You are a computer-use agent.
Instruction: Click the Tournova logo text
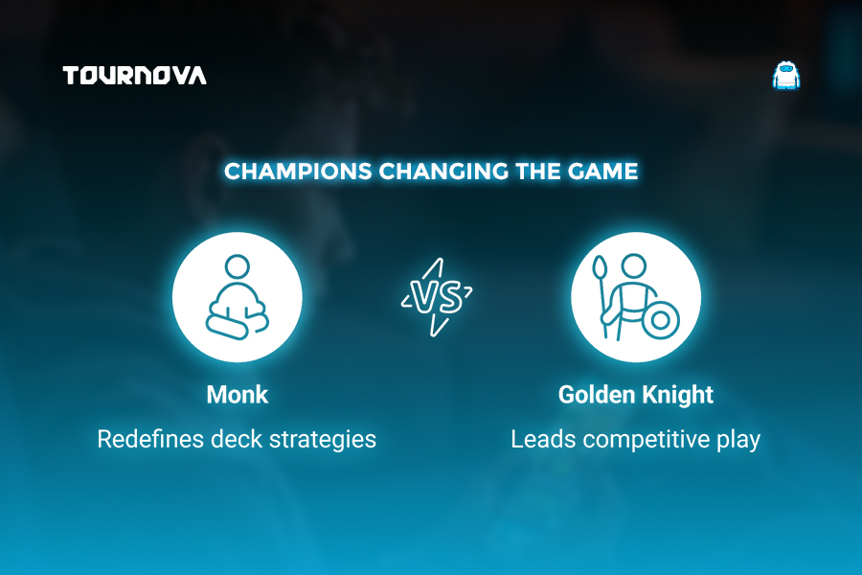[135, 76]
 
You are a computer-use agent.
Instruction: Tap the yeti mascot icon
[786, 76]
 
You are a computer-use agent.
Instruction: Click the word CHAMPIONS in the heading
[298, 172]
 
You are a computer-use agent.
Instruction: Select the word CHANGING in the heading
[444, 172]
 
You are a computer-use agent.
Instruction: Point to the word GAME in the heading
[602, 172]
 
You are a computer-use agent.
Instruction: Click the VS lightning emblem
[437, 297]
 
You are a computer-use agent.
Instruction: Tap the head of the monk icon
[238, 266]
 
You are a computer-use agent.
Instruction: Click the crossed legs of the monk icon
[237, 325]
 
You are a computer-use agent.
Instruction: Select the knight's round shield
[660, 320]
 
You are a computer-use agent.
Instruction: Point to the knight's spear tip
[600, 266]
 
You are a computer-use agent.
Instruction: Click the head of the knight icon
[634, 266]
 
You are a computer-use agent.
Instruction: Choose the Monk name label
[238, 395]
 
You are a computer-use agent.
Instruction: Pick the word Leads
[544, 439]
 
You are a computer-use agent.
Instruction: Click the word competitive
[646, 440]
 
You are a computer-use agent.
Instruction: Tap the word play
[738, 440]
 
